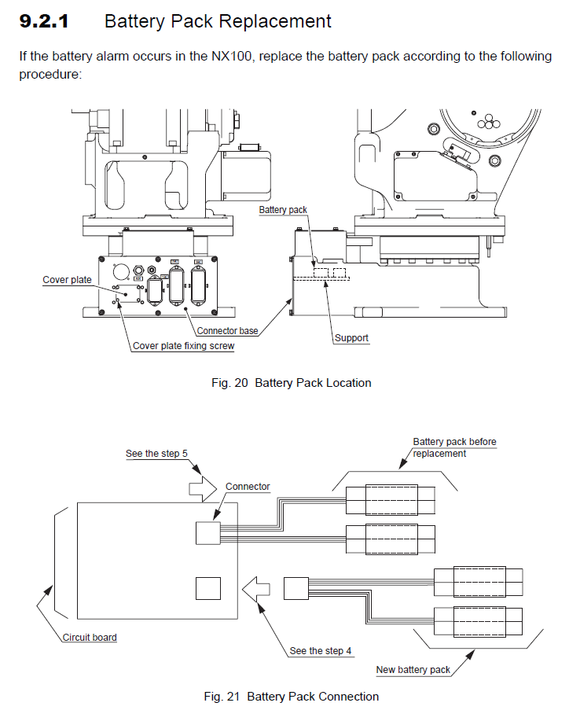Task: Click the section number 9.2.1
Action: (44, 21)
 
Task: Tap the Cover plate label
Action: (67, 280)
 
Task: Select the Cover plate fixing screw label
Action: (183, 345)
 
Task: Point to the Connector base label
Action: (227, 331)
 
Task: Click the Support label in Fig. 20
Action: (351, 338)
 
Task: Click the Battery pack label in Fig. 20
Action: (283, 210)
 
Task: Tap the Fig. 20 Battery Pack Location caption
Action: (292, 383)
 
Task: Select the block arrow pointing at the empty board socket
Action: (257, 588)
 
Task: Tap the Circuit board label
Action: (90, 637)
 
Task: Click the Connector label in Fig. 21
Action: (248, 487)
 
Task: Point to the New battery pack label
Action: (413, 670)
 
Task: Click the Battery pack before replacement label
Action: (454, 447)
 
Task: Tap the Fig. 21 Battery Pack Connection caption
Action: (292, 697)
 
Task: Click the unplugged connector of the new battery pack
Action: (296, 589)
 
